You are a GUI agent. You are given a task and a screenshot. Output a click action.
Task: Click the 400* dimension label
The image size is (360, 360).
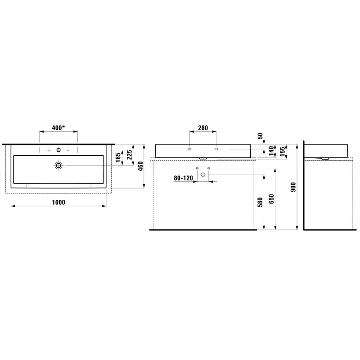pos(58,128)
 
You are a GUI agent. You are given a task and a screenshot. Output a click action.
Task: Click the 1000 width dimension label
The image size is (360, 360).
pos(58,202)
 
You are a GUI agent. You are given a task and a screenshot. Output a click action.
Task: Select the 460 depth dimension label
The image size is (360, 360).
pos(140,166)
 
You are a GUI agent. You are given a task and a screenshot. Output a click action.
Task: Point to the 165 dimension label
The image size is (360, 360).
pos(118,157)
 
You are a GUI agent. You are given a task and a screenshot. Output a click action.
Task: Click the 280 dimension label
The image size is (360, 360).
pos(203,128)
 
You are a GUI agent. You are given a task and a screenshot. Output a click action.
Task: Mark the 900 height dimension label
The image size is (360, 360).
pos(293,188)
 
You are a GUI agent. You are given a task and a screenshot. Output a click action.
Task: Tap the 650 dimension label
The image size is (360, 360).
pos(271,198)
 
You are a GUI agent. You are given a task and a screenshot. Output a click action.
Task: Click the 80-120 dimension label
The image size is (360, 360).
pos(183,178)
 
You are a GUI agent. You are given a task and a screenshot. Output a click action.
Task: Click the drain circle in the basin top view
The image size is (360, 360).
pos(58,166)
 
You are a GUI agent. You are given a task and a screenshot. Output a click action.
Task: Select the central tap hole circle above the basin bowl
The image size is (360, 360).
pos(58,149)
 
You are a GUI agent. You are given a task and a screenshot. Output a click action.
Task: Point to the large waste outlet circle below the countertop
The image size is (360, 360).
pos(203,175)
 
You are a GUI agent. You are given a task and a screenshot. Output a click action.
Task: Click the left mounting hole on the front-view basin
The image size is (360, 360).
pos(190,149)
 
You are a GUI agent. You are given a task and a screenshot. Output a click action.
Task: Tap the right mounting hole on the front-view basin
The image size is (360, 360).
pos(216,149)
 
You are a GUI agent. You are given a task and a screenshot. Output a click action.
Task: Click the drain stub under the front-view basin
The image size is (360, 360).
pos(203,158)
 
